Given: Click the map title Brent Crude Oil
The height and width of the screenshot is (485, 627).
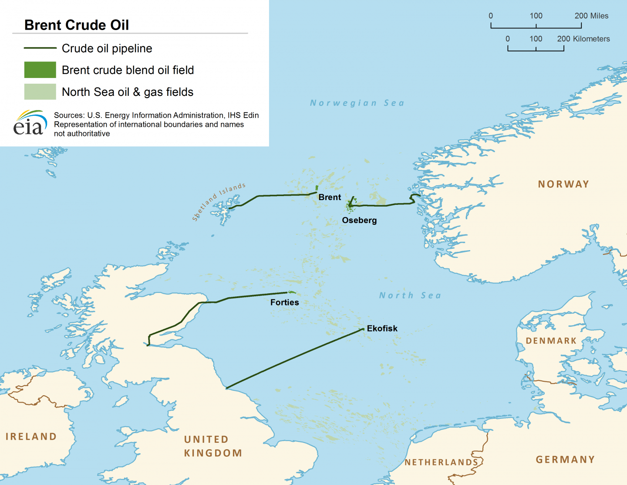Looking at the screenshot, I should [77, 25].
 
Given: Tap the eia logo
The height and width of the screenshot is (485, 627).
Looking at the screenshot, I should [30, 123].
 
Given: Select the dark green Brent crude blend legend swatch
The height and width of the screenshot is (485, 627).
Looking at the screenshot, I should [40, 70].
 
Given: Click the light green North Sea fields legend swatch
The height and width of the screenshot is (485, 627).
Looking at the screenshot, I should [40, 92].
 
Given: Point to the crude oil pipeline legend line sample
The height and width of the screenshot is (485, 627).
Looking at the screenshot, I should [40, 48].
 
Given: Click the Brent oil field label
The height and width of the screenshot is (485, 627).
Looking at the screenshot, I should [330, 197].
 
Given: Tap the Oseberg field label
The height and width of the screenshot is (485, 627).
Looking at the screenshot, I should [359, 220].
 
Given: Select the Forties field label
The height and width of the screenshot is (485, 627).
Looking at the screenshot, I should [284, 302].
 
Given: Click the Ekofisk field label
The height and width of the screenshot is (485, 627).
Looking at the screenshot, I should [382, 329].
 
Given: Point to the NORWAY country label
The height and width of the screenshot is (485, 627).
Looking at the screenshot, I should [563, 184].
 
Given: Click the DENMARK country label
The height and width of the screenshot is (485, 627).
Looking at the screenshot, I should [551, 341].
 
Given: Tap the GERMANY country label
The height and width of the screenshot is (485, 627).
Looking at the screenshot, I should [565, 460].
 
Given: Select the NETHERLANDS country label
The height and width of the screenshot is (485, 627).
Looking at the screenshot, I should [442, 462].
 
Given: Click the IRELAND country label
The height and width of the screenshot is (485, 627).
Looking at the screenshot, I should [31, 437].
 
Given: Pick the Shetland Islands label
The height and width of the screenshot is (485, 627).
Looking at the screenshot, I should [219, 201].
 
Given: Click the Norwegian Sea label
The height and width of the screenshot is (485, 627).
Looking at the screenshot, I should [357, 103].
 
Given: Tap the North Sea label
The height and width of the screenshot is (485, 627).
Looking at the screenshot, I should [410, 295].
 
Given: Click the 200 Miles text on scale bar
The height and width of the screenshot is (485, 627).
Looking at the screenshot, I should [591, 16].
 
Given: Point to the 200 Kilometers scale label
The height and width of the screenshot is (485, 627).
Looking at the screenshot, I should [583, 39].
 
